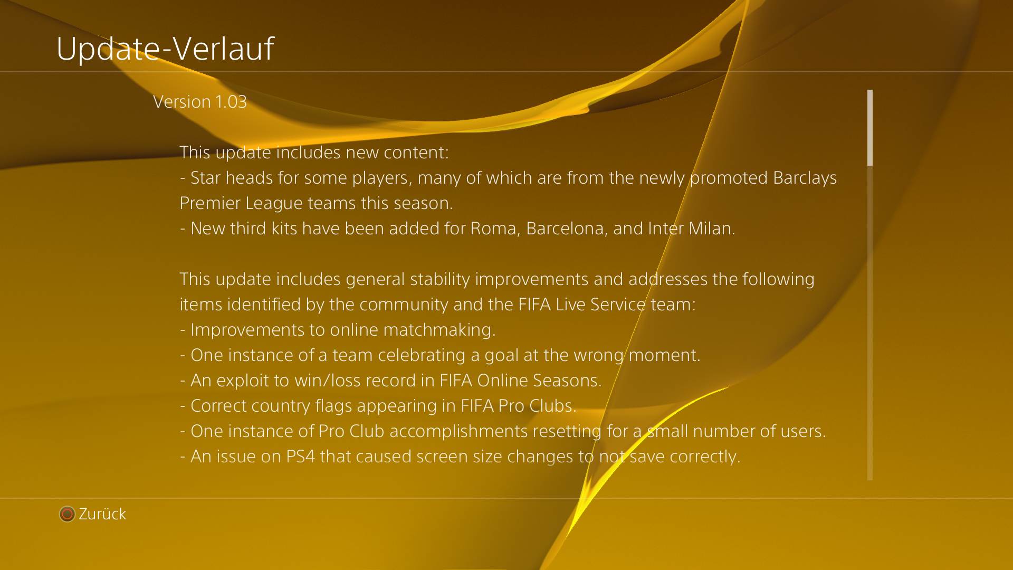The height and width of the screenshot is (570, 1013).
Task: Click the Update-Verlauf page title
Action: [165, 49]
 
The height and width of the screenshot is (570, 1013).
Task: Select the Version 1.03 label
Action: [200, 101]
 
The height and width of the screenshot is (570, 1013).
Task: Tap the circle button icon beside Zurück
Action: [67, 514]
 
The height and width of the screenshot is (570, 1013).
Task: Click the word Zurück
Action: [102, 514]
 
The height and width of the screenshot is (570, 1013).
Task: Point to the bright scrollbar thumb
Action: [870, 128]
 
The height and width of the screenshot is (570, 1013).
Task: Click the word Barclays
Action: [805, 178]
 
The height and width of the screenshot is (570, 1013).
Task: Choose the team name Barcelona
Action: [567, 229]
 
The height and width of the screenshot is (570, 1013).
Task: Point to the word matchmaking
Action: [439, 330]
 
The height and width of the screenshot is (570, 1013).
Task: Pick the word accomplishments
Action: [458, 431]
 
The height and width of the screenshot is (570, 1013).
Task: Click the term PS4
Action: [301, 457]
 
